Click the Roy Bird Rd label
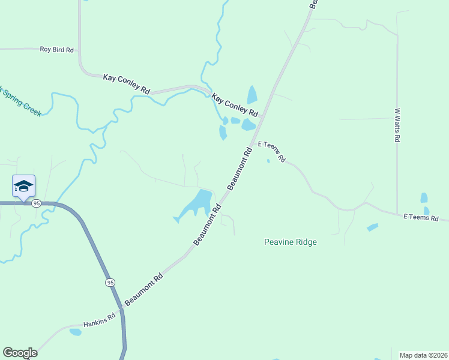56,50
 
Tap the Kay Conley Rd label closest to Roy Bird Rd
126,82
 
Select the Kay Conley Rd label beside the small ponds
236,104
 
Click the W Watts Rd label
397,125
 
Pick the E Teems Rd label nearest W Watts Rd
425,217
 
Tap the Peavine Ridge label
290,242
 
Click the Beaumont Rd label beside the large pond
208,224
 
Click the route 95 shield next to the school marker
37,203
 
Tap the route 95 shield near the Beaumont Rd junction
109,282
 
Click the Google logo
20,353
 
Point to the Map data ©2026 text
424,355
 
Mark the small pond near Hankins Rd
75,332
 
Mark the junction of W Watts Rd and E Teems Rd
397,213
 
